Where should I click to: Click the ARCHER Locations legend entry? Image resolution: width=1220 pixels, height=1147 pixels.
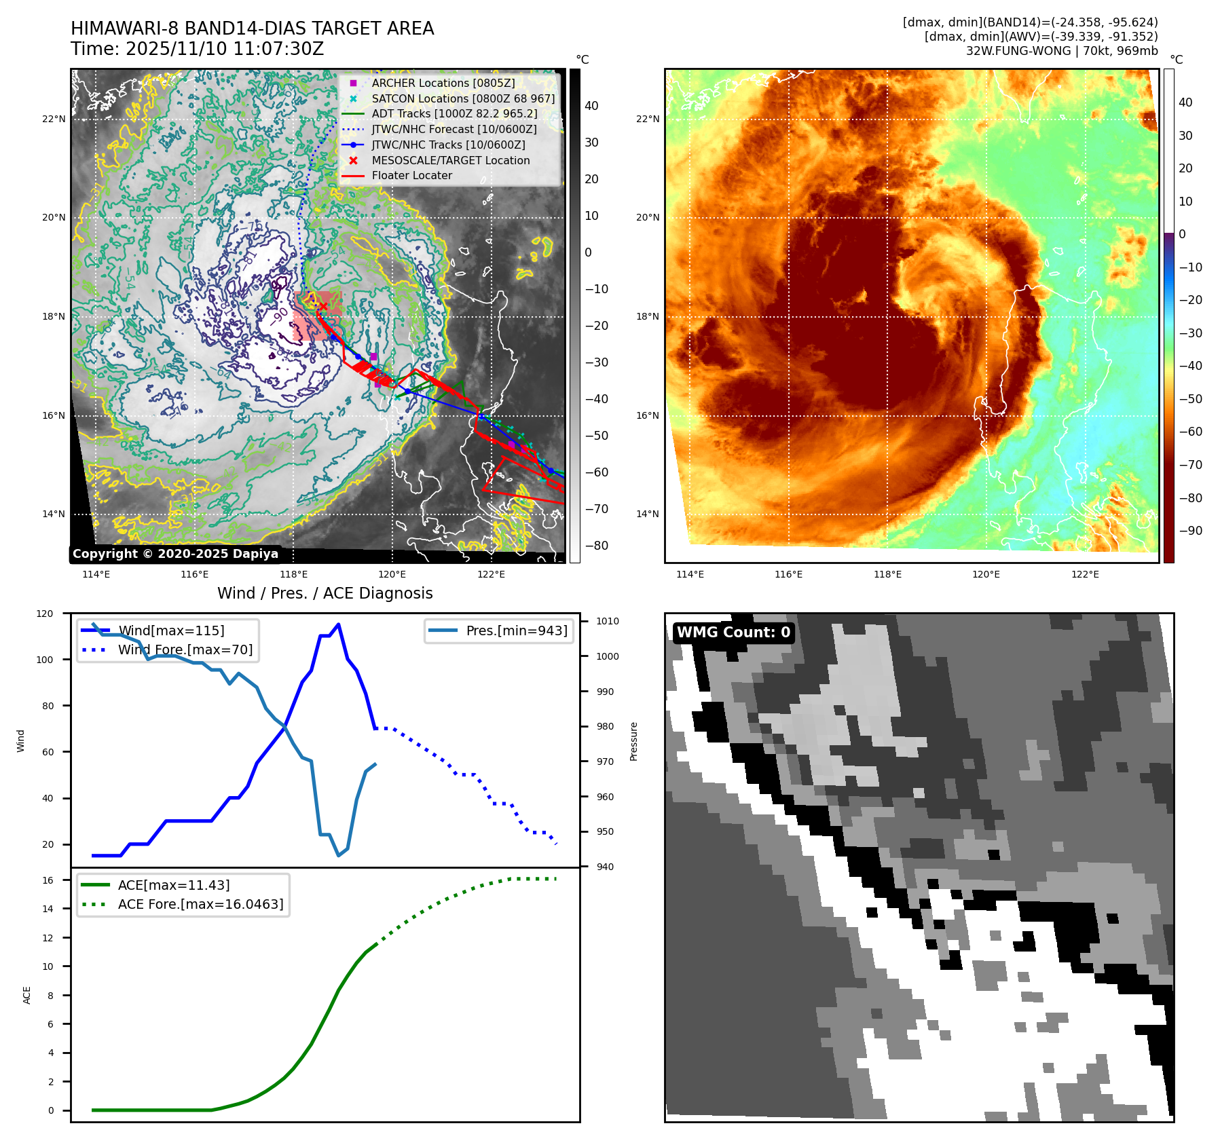pos(443,83)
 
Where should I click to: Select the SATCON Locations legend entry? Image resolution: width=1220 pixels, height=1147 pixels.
pos(462,98)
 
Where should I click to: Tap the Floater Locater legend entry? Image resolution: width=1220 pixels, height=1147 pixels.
pos(411,175)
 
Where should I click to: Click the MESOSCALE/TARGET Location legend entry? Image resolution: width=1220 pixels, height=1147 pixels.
pos(450,160)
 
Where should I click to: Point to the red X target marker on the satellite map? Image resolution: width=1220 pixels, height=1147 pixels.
pos(323,307)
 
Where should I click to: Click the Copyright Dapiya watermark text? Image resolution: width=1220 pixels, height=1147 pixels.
pos(175,554)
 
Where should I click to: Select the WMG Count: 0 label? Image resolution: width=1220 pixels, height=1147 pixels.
pos(733,633)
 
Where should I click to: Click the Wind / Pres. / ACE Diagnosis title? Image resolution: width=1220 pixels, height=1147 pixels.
pos(325,593)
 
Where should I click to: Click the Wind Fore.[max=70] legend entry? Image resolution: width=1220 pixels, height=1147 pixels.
pos(185,650)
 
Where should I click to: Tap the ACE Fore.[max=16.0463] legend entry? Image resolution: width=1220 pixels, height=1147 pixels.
pos(200,904)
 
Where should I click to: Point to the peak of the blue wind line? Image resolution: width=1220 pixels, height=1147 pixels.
pos(338,624)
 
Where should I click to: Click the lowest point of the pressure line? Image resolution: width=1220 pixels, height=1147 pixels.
pos(338,855)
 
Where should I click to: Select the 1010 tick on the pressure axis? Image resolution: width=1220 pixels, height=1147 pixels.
pos(608,621)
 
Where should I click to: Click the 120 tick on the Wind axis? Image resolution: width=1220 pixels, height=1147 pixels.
pos(45,614)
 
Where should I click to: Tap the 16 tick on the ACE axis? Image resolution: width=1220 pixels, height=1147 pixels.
pos(48,880)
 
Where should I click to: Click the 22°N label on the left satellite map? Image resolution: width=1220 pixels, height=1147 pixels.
pos(54,119)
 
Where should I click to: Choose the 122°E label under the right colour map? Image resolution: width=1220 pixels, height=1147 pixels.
pos(1084,574)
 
